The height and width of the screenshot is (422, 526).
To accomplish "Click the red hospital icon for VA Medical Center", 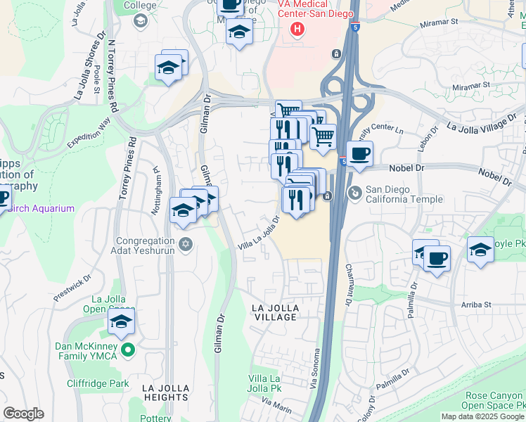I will pos(297,29).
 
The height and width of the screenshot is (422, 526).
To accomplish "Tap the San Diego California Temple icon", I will pos(356,191).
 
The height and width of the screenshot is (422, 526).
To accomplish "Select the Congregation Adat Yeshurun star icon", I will pos(186,244).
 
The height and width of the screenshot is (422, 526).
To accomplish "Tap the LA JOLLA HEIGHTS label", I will pos(165,392).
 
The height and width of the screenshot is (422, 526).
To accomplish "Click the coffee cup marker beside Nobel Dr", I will pos(359,154).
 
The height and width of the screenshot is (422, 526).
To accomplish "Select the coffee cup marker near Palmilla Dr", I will pos(437,258).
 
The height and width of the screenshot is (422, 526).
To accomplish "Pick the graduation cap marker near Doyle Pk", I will pos(480,250).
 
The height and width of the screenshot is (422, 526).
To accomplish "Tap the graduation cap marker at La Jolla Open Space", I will pos(121,323).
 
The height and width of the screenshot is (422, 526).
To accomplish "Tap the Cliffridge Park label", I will pos(98,384).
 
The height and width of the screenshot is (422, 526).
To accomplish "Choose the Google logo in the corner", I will pos(24,414).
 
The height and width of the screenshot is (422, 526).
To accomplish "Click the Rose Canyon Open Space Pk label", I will pos(495,401).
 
